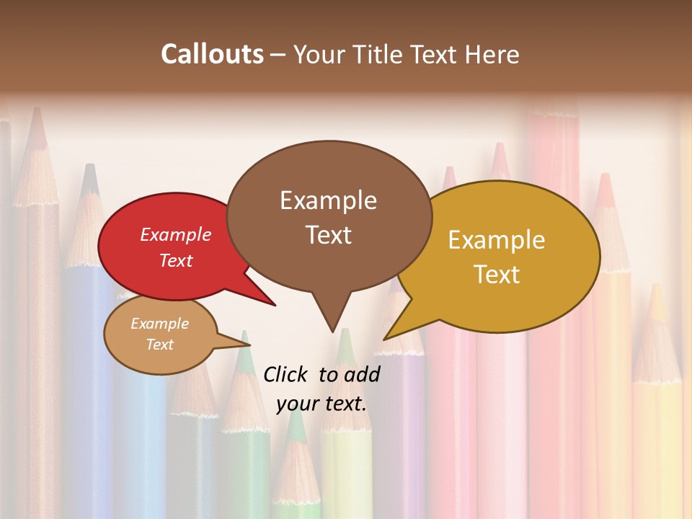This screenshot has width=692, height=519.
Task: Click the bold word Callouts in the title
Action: tap(212, 54)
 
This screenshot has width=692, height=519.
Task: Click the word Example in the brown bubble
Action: tap(328, 200)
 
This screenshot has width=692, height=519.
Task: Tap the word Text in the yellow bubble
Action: tap(497, 275)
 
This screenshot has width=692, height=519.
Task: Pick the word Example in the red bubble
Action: tap(176, 234)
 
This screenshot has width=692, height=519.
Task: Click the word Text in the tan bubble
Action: tap(160, 345)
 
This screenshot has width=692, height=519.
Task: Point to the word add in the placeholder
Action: tap(362, 374)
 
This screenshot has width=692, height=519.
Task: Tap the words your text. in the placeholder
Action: tap(321, 404)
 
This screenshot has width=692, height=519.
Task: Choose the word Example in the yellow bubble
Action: tap(497, 240)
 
